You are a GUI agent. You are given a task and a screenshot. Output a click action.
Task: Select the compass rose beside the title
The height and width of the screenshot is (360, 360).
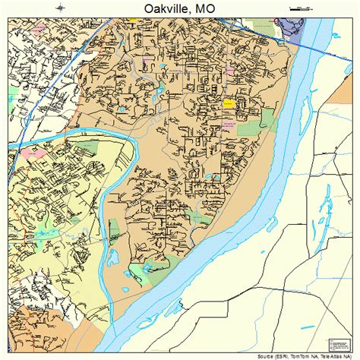pos(61,8)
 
